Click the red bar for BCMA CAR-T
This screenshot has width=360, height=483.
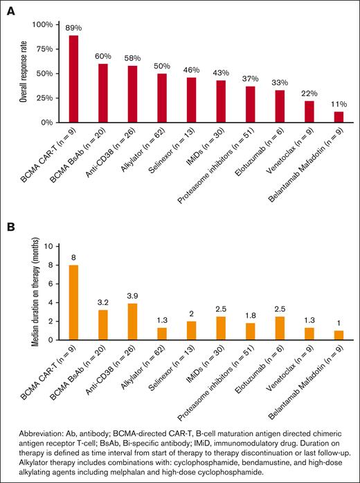coord(73,79)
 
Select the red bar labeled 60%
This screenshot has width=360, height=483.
coord(102,93)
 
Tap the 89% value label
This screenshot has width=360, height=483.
coord(73,28)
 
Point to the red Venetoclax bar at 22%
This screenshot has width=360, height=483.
coord(309,112)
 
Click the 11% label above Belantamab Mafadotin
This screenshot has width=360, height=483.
coord(339,104)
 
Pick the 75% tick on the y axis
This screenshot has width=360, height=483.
coord(43,49)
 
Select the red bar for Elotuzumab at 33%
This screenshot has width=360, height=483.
coord(280,106)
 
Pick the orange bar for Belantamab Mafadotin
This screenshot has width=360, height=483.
coord(339,335)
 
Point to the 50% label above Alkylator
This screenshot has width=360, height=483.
coord(161,66)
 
